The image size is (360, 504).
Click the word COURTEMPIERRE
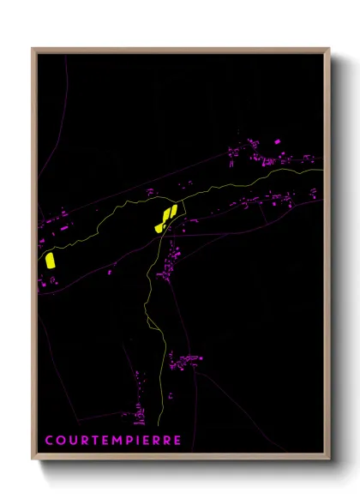[113, 441]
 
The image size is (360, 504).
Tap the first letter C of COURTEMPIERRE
[50, 441]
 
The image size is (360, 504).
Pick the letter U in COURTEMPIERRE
[71, 441]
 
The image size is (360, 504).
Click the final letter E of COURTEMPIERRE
[177, 441]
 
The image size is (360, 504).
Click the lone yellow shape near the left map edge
[51, 260]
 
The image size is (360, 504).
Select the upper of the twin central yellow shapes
[171, 211]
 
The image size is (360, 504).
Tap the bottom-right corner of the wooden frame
[329, 459]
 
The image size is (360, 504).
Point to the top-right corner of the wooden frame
[329, 49]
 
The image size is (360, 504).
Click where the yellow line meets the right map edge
[323, 171]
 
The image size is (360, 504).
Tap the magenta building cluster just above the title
[137, 415]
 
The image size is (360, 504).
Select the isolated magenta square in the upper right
[277, 141]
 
